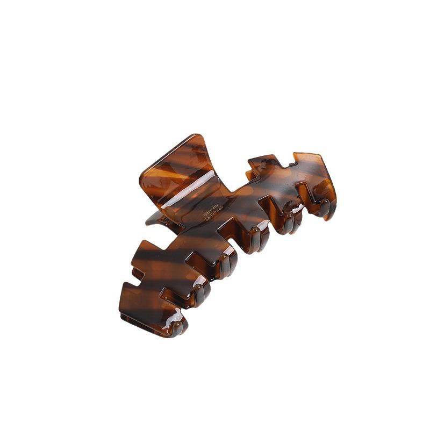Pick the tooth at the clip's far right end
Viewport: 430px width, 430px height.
[322, 207]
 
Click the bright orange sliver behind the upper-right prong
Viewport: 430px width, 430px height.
[249, 175]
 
